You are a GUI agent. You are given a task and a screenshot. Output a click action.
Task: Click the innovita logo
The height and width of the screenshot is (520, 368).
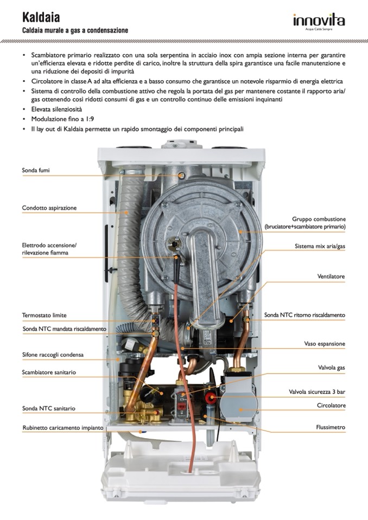(319, 21)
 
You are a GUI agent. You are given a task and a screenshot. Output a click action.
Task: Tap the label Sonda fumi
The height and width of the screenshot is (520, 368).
(36, 170)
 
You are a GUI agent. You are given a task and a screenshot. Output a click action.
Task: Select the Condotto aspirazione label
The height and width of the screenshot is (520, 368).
(49, 208)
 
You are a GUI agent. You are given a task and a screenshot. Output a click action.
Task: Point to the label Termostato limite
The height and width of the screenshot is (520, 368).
(45, 315)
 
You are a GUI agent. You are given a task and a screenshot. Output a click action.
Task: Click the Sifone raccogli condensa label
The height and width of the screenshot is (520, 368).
(53, 355)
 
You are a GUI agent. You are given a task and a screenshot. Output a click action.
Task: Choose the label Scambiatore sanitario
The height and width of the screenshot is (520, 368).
(49, 373)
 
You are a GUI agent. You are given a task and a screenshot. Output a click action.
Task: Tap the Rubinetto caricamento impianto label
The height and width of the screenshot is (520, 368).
(63, 428)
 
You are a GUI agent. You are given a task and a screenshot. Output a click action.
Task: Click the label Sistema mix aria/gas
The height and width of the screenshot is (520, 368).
(320, 246)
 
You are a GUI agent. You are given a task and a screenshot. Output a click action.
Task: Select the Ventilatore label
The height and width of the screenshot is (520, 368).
(331, 277)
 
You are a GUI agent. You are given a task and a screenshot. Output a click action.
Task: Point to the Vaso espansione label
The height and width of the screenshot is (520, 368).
(324, 344)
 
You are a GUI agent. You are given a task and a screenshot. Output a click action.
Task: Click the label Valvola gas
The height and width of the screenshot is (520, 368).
(331, 368)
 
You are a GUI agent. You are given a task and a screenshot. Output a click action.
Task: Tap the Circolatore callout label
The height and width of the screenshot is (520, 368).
(331, 406)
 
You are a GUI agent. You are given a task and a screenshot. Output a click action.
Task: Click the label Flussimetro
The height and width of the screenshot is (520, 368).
(331, 427)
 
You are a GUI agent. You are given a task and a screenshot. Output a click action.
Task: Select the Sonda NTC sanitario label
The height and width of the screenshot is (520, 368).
(49, 408)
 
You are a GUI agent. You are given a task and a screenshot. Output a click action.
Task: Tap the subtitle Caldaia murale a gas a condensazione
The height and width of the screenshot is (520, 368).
(75, 31)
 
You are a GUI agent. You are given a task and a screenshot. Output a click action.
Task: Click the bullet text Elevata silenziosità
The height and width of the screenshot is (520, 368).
(56, 109)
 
